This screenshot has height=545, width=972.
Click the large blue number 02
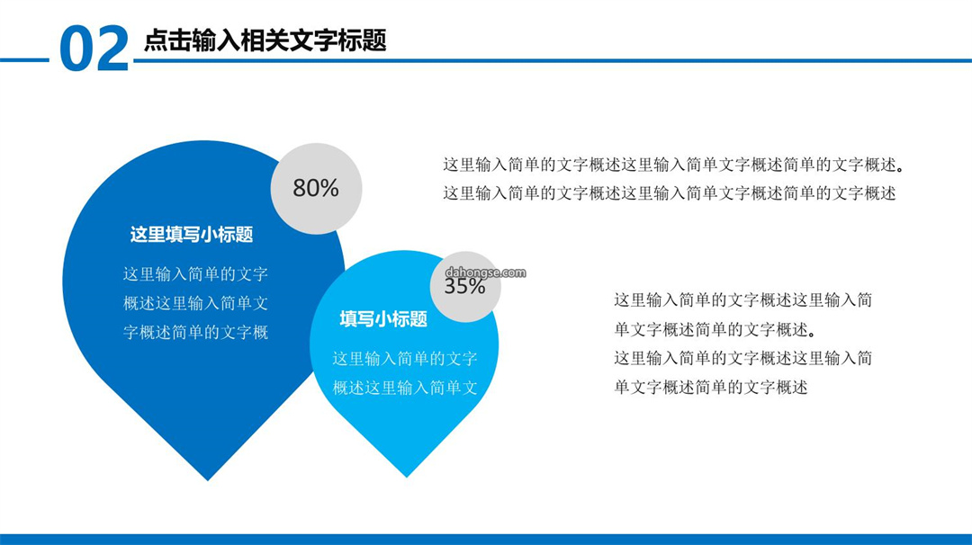(x=94, y=49)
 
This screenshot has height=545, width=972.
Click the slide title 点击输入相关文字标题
(x=265, y=40)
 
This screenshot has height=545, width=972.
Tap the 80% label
(x=316, y=188)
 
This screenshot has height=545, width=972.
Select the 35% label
(x=464, y=286)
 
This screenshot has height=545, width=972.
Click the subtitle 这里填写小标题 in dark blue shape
(x=192, y=234)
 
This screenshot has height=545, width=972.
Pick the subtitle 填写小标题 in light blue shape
(x=383, y=319)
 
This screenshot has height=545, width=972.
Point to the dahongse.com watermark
(x=485, y=272)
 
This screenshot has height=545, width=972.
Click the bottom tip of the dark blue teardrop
(x=208, y=480)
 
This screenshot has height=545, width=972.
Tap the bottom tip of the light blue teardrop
(x=407, y=477)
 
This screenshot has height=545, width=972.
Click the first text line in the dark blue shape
(x=195, y=273)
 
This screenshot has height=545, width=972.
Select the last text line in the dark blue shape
(x=195, y=333)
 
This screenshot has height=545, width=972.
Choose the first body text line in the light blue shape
(x=405, y=359)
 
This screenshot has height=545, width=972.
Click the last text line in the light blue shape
(x=405, y=388)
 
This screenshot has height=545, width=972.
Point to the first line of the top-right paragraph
(x=674, y=165)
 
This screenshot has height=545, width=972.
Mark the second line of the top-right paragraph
(x=670, y=193)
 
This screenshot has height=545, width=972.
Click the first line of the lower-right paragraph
(x=743, y=300)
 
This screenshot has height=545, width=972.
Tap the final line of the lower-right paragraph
(x=711, y=388)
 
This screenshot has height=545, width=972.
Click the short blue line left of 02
(x=24, y=60)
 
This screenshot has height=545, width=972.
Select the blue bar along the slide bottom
(x=486, y=540)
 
